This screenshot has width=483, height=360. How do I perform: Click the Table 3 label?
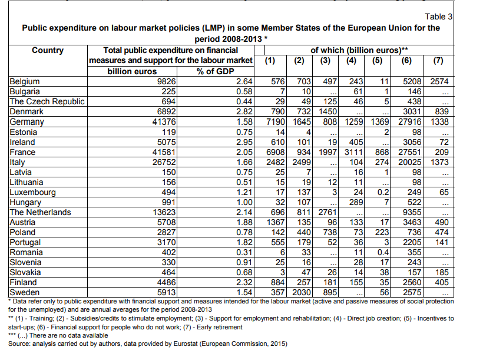pos(438,16)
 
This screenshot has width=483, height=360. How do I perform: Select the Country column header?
pos(48,50)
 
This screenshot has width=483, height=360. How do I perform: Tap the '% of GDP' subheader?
pos(216,71)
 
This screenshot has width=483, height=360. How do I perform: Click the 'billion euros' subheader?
pos(132,71)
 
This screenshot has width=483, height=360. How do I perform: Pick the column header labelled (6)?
pos(406,61)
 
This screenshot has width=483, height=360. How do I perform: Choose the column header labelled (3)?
pos(325,61)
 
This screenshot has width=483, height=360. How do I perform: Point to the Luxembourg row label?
pos(32,192)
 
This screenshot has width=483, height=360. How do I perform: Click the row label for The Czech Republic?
pos(47,102)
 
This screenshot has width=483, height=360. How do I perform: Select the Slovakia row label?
pos(25,272)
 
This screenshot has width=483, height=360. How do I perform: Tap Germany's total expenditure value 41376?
pos(164,122)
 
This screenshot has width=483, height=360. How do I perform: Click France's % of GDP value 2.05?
pos(244,152)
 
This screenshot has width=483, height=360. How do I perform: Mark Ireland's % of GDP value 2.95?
pos(244,142)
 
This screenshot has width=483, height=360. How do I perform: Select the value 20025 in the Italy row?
pos(410,162)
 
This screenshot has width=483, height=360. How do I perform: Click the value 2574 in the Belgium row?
pos(439,82)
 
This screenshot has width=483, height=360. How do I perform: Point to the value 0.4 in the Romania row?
pos(383,252)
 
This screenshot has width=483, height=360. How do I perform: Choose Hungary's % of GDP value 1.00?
pos(244,202)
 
